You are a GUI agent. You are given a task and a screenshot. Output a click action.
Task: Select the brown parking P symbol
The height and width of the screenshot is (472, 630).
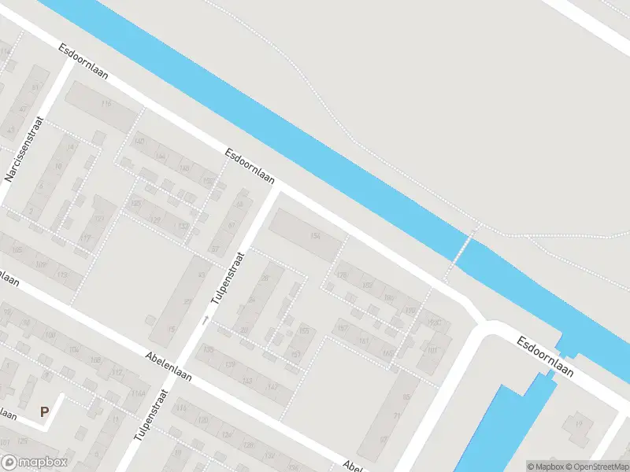(x=45, y=411)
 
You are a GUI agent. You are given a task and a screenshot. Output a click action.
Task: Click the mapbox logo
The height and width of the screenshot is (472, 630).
(x=35, y=463)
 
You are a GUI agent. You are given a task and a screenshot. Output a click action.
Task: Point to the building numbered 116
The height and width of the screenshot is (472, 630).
(x=106, y=104)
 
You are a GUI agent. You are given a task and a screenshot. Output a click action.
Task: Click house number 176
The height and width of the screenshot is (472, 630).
(x=341, y=275)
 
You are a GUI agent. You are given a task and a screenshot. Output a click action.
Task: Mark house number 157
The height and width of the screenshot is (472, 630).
(x=295, y=356)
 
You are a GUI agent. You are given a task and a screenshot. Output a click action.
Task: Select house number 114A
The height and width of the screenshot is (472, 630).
(x=139, y=394)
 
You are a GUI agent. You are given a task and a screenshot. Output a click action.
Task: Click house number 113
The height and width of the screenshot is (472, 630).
(x=61, y=275)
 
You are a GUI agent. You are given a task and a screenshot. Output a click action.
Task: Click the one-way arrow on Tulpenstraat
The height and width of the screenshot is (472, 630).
(x=206, y=319)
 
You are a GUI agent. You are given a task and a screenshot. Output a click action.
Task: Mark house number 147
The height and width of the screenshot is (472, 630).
(x=272, y=387)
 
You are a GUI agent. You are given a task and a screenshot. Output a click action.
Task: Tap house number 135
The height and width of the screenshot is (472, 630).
(x=209, y=348)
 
